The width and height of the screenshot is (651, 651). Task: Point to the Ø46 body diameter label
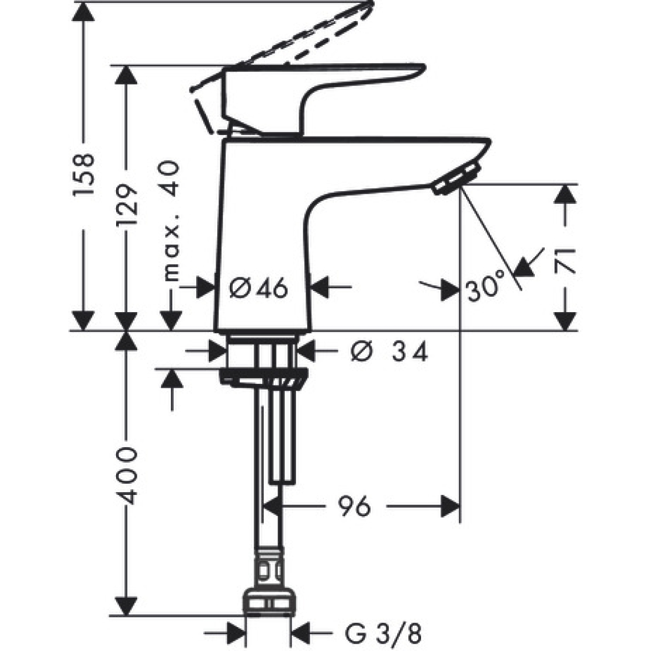coord(259,288)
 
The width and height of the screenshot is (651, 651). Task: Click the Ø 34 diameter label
coord(389,352)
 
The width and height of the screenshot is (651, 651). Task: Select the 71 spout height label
coord(565,259)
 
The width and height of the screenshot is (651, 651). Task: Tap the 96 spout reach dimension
coord(354,506)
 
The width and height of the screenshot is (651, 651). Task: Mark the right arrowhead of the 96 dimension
coord(450,506)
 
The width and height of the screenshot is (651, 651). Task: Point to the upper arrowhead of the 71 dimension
coord(565,194)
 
